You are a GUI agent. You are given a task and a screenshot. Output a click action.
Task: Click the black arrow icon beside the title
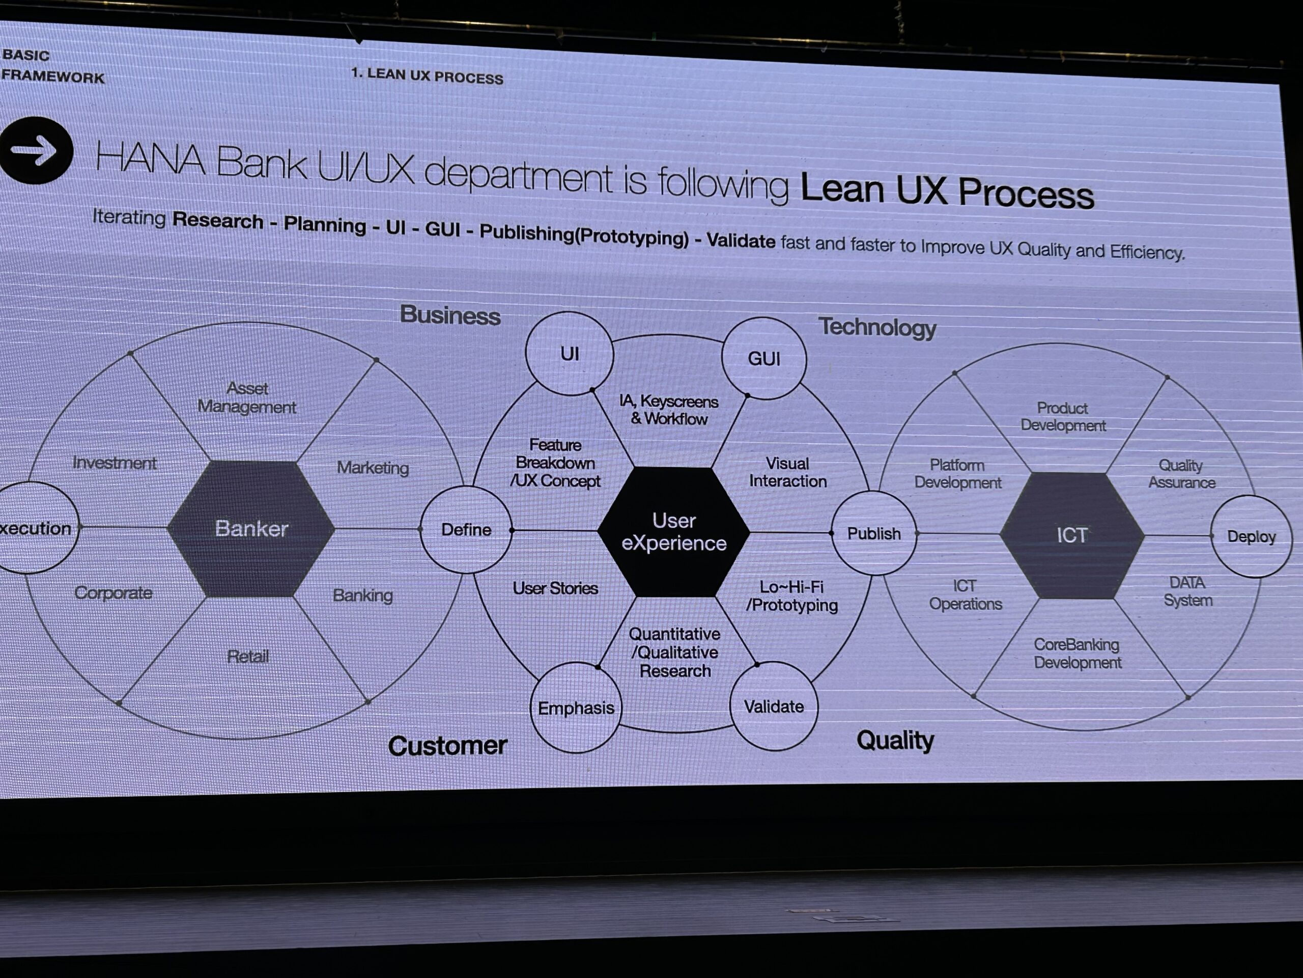point(35,150)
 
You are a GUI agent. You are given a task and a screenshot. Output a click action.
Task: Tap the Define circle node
point(466,529)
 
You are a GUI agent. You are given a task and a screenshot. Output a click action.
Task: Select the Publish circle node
point(873,533)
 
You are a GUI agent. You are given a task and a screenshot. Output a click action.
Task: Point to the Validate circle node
point(774,706)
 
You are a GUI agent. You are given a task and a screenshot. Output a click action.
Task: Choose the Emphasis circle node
point(576,708)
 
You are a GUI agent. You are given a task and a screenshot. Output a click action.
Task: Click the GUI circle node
point(763,359)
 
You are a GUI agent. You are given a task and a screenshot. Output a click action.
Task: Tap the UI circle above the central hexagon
point(569,354)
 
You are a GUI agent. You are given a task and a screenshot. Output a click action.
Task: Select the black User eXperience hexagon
point(674,532)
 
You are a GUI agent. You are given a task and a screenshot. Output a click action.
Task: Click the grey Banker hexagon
point(251,528)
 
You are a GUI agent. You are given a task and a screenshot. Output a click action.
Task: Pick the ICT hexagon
point(1071,535)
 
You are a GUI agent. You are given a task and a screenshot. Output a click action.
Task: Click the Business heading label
point(450,315)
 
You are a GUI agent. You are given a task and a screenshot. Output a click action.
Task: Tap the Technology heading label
point(877,327)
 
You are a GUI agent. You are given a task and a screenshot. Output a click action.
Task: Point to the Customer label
point(447,746)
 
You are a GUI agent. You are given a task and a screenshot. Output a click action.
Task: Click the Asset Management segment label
point(247,397)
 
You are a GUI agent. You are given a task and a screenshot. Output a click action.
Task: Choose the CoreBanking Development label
point(1077,653)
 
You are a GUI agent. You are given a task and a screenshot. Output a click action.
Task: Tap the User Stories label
point(555,588)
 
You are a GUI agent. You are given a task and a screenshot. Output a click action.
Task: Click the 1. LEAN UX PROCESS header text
point(427,76)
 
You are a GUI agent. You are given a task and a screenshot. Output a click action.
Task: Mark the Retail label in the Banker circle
point(247,656)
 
